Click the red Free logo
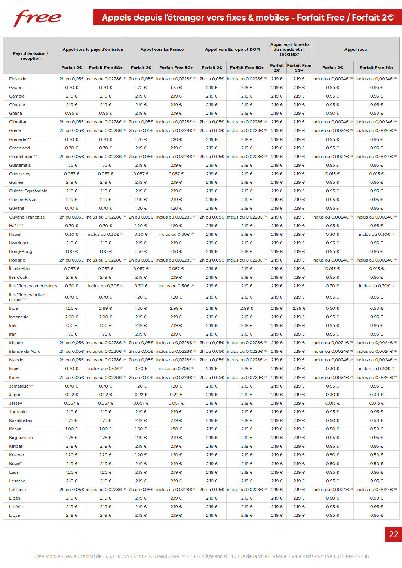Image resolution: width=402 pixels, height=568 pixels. (x=37, y=18)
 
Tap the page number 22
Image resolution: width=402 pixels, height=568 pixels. (x=393, y=534)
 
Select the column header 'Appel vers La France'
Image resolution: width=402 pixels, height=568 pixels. (x=162, y=49)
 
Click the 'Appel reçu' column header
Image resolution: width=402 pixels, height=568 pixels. (x=355, y=49)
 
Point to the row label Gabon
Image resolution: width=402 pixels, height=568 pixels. (x=16, y=87)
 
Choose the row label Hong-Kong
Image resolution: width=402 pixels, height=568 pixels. (x=21, y=251)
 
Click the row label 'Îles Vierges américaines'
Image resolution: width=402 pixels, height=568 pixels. (x=33, y=286)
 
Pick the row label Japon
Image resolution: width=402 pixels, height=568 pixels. (x=15, y=395)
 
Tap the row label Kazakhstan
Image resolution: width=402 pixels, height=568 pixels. (x=21, y=420)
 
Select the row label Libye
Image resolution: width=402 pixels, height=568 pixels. (x=15, y=515)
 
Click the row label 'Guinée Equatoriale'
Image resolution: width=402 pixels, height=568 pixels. (x=28, y=191)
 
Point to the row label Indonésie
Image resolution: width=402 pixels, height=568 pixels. (x=19, y=317)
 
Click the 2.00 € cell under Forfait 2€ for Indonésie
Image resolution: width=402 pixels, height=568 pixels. (x=72, y=317)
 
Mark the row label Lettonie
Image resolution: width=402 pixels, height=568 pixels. (x=18, y=490)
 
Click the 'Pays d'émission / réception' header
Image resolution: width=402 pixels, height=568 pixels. (x=31, y=56)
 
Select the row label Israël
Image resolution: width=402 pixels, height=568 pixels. (x=14, y=368)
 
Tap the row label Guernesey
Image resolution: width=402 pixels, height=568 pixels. (x=20, y=174)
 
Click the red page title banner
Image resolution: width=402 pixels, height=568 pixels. (x=248, y=18)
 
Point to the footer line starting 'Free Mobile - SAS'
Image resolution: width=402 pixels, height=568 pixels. (x=201, y=556)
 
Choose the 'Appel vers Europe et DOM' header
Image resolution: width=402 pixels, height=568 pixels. (x=232, y=49)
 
